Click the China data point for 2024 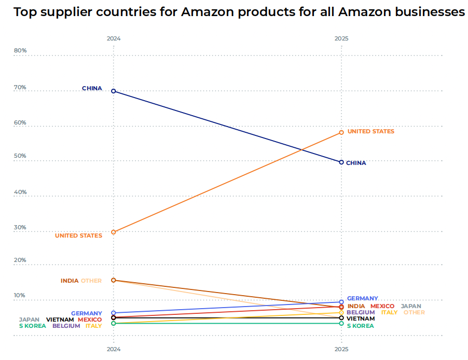click(x=114, y=91)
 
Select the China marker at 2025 click(x=341, y=162)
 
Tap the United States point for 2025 click(x=341, y=132)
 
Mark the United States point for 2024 click(x=114, y=232)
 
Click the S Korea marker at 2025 click(x=341, y=323)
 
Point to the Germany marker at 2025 click(x=341, y=302)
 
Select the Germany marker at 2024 click(x=114, y=313)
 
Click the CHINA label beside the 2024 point click(x=92, y=88)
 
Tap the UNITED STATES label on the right click(x=370, y=131)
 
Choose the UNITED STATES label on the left click(x=78, y=236)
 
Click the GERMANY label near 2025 click(x=362, y=298)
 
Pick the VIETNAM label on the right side click(x=361, y=319)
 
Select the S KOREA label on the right click(x=360, y=326)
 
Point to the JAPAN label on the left click(x=29, y=320)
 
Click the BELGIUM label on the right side click(x=361, y=312)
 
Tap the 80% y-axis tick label click(x=20, y=50)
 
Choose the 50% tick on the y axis click(x=20, y=157)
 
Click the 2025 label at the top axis click(x=341, y=38)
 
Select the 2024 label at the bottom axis click(x=114, y=349)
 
